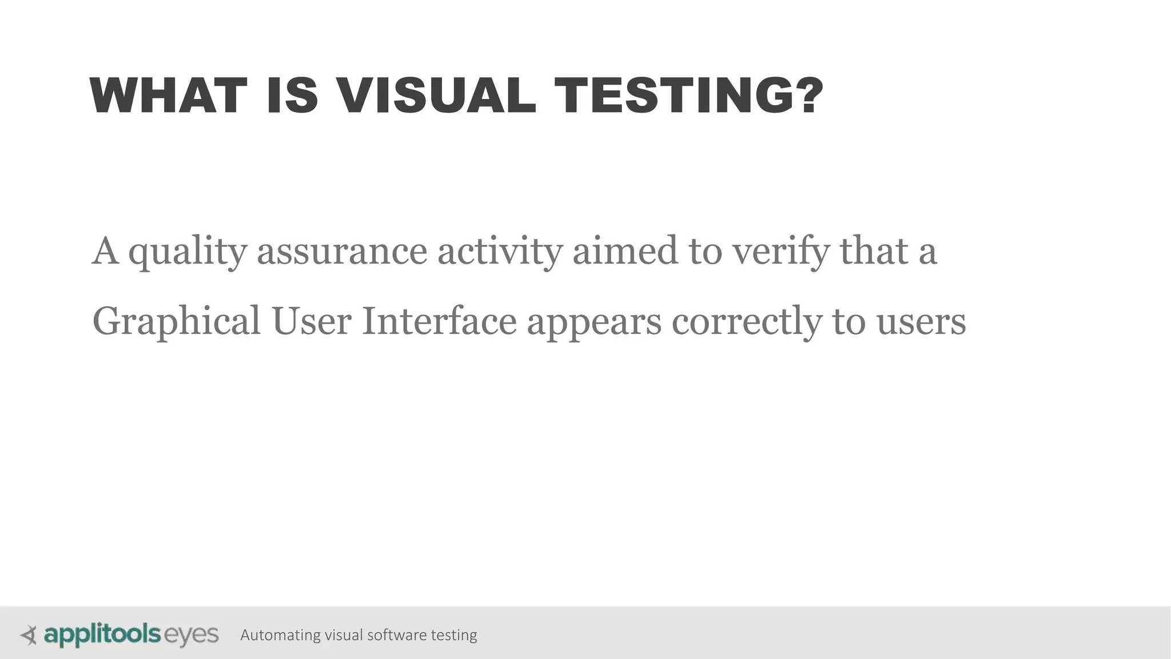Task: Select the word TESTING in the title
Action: pos(677,96)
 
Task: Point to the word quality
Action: pos(188,252)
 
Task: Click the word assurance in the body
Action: pos(342,252)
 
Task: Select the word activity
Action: pos(500,252)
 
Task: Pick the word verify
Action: pos(780,252)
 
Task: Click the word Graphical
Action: pos(176,322)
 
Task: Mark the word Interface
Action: pos(439,321)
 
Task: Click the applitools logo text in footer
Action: pos(102,635)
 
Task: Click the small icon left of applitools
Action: pos(29,635)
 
